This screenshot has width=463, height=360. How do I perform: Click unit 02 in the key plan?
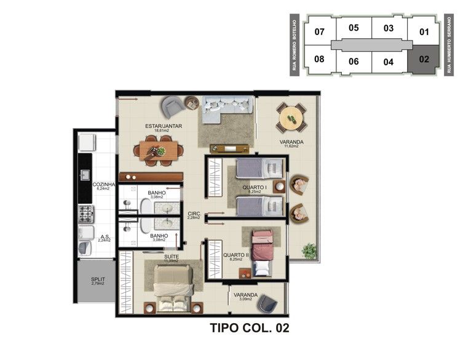point(424,60)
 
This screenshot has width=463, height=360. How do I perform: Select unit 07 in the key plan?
point(319,32)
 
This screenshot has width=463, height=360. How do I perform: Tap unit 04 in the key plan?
point(388,62)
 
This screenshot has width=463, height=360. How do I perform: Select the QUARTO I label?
point(254,187)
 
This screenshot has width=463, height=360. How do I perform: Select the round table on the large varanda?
point(291,116)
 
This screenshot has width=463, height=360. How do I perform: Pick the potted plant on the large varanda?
point(309,250)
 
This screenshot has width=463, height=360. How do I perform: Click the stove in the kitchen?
point(85,214)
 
